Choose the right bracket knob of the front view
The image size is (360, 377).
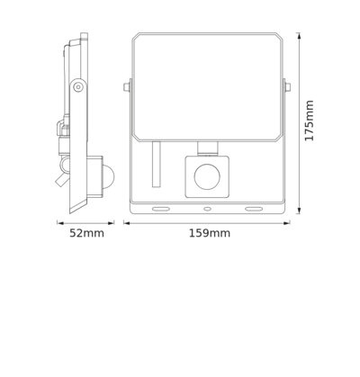288,88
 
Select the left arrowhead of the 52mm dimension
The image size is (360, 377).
59,222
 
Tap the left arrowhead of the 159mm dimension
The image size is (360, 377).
125,222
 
